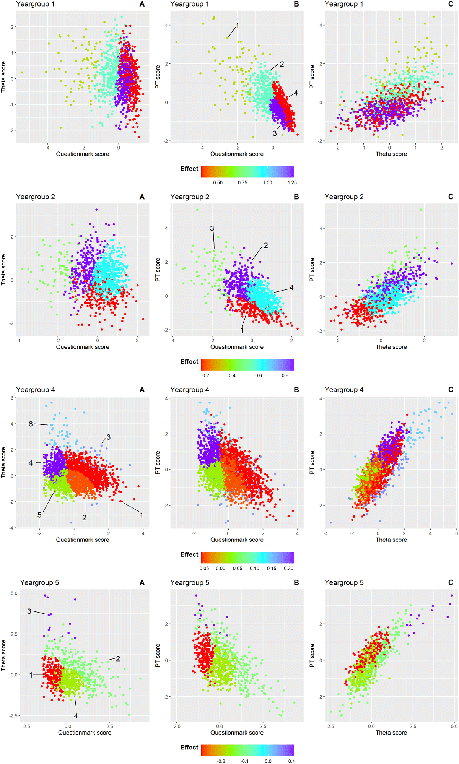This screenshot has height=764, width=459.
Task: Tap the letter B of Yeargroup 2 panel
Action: point(296,197)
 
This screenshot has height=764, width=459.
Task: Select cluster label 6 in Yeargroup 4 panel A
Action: point(31,424)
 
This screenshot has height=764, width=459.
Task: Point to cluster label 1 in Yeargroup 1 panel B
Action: point(238,26)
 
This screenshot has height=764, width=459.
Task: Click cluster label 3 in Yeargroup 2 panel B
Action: point(212,228)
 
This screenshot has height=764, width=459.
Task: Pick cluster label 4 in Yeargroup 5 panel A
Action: point(76,716)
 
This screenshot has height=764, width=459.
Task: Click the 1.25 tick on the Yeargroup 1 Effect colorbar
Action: point(292,183)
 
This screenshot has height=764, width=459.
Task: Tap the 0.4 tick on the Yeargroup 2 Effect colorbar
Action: point(232,375)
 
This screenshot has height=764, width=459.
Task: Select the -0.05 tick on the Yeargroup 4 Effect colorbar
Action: point(203,568)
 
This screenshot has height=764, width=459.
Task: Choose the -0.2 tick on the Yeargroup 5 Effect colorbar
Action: point(221,761)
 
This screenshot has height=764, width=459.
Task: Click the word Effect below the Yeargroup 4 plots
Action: point(189,554)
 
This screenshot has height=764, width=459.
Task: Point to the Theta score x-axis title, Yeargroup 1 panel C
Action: point(391,154)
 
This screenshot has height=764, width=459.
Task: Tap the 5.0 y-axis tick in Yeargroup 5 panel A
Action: point(15,593)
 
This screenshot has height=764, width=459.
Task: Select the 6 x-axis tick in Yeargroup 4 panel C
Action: point(456,533)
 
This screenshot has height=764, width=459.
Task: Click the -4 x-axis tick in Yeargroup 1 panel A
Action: point(47,148)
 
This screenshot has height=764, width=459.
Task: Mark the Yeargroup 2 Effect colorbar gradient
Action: point(247,364)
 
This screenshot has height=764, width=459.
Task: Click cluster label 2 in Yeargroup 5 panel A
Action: point(118,658)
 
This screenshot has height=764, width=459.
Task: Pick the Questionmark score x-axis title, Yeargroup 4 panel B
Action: point(237,540)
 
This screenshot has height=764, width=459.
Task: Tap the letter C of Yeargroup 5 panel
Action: point(451,583)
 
